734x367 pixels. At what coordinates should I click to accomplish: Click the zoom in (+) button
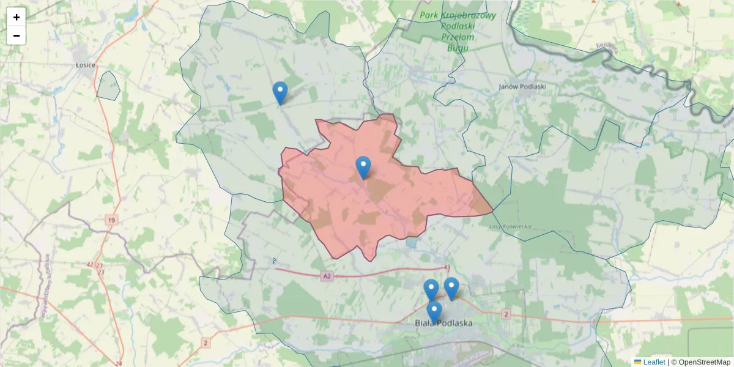[17, 17]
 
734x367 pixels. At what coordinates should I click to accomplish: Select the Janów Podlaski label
[522, 86]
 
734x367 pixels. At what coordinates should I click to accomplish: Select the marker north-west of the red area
[280, 93]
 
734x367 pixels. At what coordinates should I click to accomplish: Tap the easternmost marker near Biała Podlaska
[451, 288]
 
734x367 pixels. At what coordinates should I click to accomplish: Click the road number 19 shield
[111, 220]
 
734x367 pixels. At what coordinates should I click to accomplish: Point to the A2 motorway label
[328, 276]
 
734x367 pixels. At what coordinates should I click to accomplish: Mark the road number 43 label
[447, 268]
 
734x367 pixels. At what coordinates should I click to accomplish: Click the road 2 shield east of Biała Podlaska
[506, 314]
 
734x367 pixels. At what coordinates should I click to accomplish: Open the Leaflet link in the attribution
[654, 362]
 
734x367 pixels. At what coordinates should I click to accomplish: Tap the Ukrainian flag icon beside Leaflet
[638, 362]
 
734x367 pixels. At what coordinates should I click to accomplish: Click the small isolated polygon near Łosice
[108, 86]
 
